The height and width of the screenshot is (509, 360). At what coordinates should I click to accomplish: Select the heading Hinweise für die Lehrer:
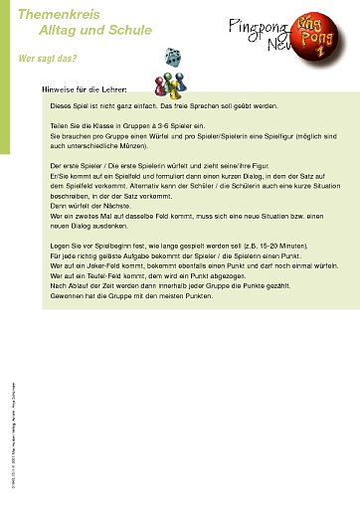click(x=84, y=89)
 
